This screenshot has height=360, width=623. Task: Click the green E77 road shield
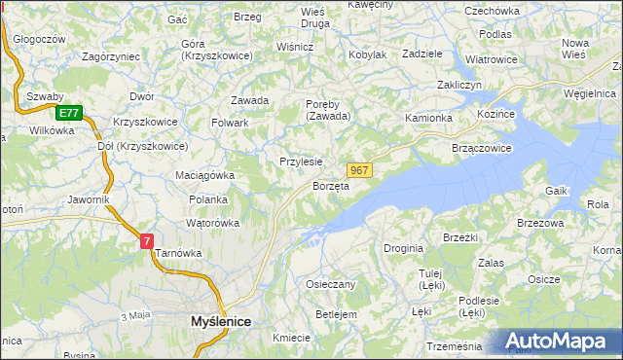67,113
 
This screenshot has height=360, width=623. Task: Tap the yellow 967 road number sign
359,170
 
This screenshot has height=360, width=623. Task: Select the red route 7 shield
146,240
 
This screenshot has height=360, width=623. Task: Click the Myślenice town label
220,320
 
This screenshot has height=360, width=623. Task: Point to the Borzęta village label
330,186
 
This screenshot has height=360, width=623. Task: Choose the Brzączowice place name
482,148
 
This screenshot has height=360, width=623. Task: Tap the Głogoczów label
40,40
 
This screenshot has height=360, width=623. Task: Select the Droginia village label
403,248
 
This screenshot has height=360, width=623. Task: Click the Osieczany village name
331,284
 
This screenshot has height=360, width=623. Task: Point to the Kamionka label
429,118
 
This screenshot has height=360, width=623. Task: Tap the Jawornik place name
88,199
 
